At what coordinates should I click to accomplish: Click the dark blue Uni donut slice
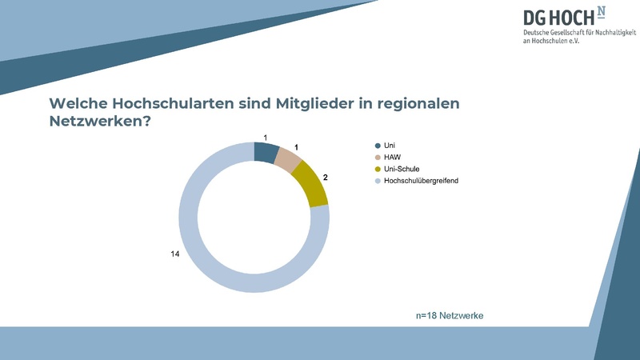266,152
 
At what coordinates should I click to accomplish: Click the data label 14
175,254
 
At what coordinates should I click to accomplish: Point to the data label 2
326,178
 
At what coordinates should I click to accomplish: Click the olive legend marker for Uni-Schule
378,170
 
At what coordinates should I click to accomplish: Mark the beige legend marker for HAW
378,158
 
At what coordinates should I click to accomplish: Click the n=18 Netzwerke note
450,316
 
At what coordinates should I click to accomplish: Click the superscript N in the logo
602,11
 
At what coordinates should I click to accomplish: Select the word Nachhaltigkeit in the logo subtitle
608,31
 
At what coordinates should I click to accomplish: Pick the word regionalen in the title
419,104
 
